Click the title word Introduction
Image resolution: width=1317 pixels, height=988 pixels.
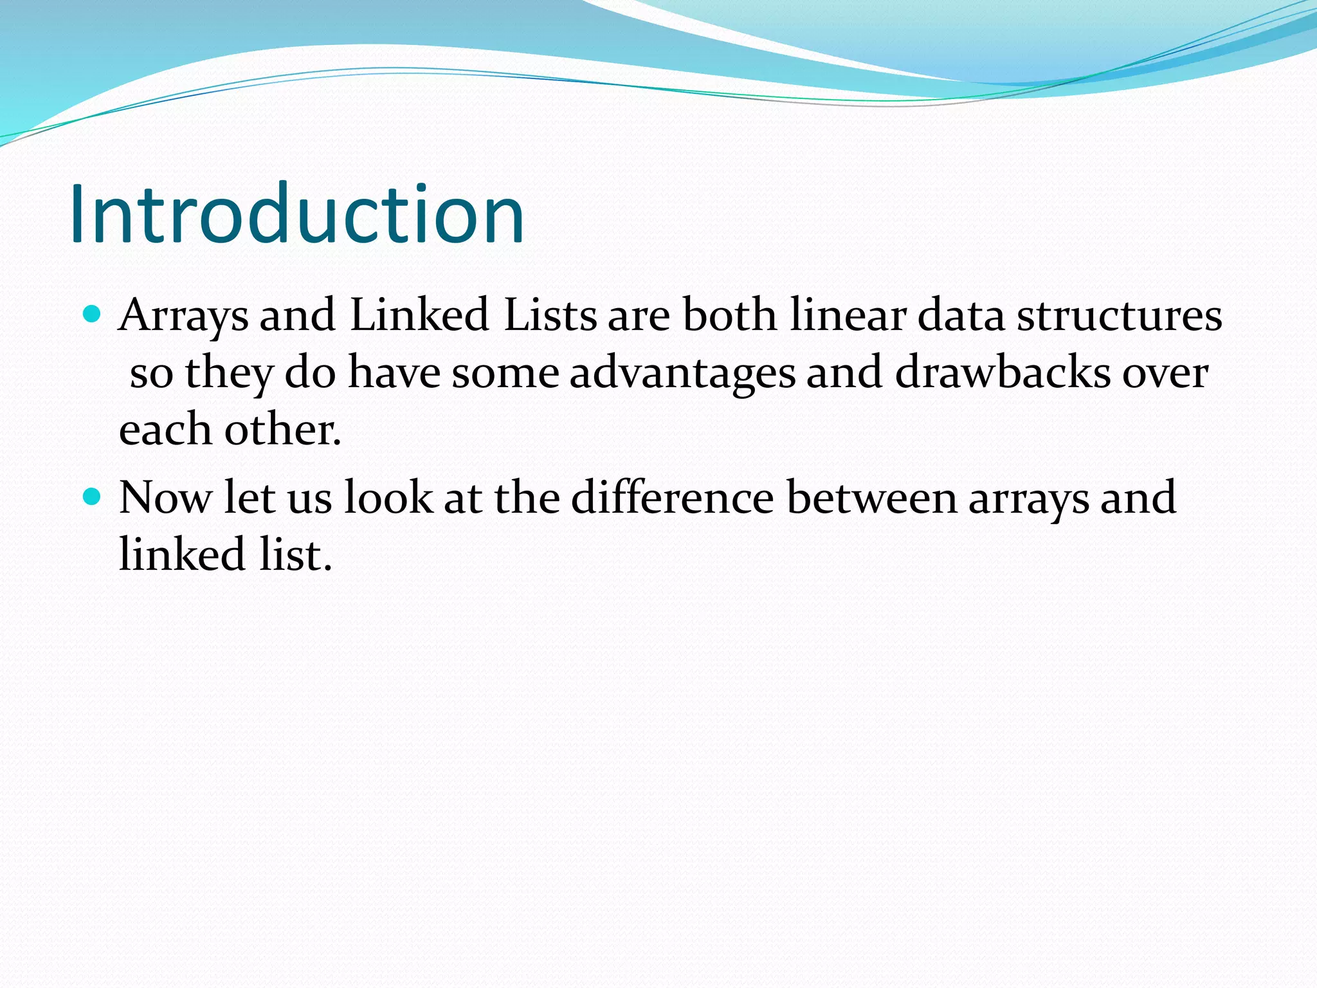click(297, 214)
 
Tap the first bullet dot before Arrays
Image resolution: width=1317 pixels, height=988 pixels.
click(93, 315)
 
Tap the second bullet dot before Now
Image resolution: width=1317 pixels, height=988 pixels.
click(93, 497)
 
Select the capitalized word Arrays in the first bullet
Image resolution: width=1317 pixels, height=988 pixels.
click(184, 316)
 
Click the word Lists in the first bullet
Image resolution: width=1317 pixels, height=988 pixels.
click(550, 315)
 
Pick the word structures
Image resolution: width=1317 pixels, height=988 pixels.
click(1119, 315)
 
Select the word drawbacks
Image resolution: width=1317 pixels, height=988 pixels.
click(1003, 372)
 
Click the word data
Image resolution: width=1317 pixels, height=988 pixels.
click(960, 315)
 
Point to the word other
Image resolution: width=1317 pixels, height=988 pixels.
click(282, 429)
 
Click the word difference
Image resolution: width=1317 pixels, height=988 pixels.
click(672, 498)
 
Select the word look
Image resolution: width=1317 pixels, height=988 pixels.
click(388, 498)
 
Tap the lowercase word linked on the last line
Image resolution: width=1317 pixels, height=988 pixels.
click(182, 554)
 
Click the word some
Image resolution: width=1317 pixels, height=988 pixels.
click(505, 374)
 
